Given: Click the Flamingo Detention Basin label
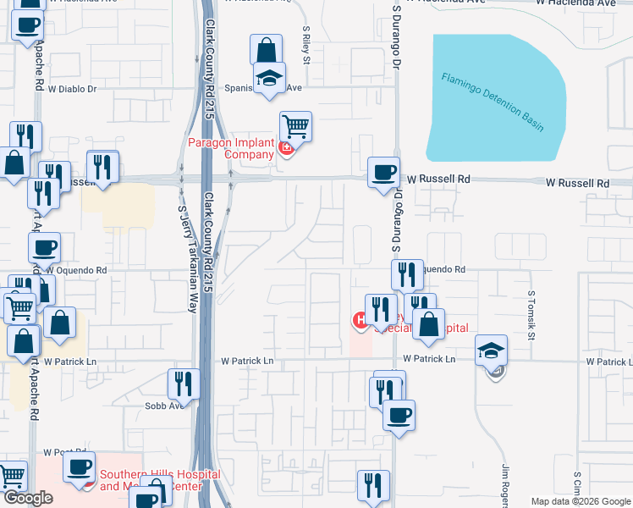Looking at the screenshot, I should coord(492,102).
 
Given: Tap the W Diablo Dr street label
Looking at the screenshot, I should coord(72,88).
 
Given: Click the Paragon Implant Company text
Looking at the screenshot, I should coord(231,147).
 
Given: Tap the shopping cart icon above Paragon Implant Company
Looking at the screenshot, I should coord(295,127).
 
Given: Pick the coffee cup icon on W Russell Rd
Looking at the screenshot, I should coord(383,173).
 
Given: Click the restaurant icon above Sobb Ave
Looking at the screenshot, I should coord(184,384).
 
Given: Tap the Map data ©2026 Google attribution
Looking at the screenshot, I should coord(581,501).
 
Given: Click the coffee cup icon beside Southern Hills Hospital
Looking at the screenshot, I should coord(79,467).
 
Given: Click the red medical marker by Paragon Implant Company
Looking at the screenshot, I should coord(286,148).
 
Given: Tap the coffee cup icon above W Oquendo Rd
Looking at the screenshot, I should coord(44,248).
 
